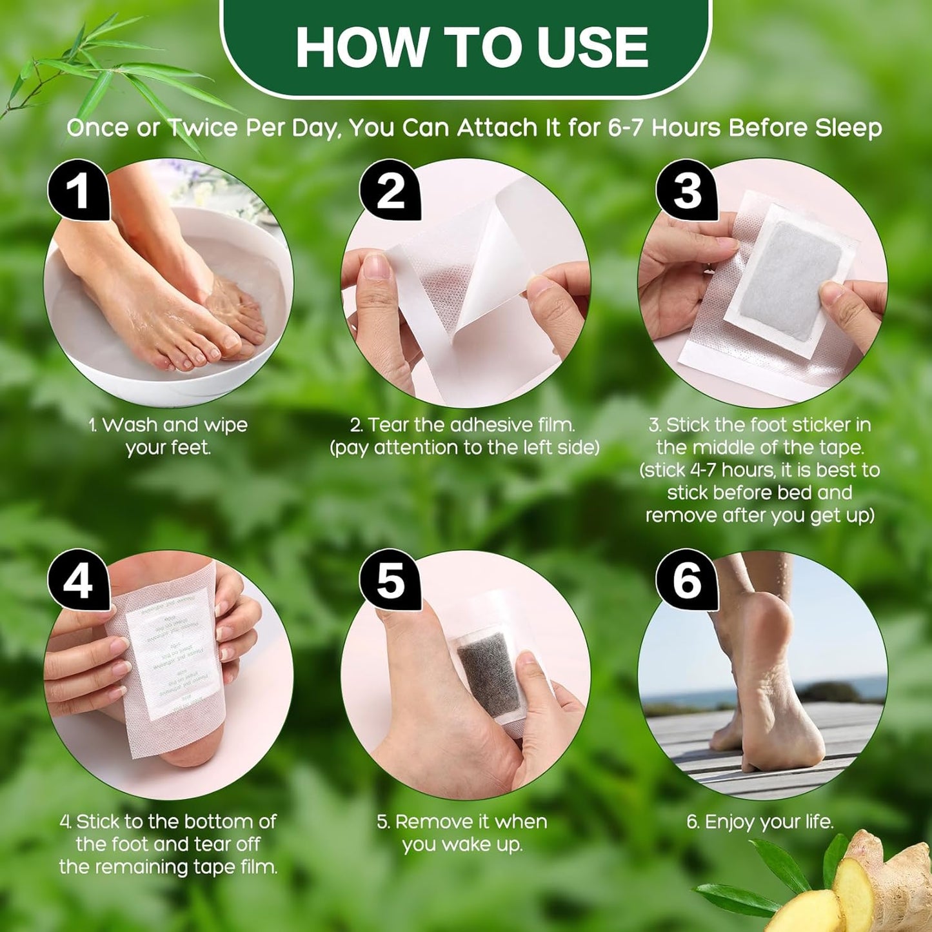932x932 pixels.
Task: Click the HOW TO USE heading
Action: [471, 47]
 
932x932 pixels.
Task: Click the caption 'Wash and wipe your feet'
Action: [168, 436]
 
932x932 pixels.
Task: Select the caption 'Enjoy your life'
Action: [760, 822]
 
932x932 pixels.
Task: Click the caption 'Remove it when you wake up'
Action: [462, 833]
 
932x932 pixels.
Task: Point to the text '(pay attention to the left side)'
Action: [464, 448]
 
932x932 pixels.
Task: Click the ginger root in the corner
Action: [858, 890]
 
